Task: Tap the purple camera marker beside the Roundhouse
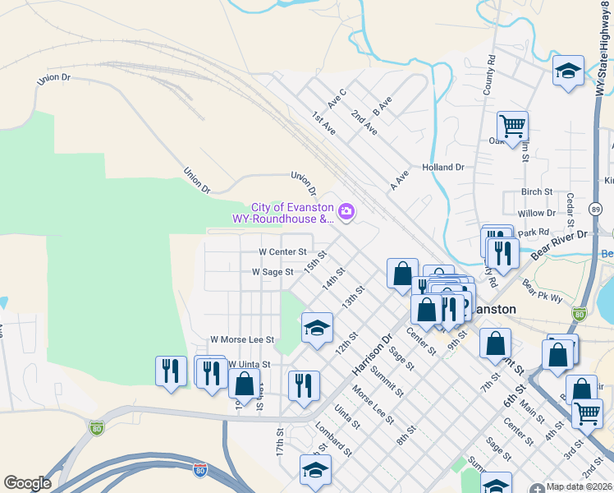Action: pyautogui.click(x=346, y=213)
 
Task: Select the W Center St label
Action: pyautogui.click(x=282, y=251)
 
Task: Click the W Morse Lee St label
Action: pyautogui.click(x=241, y=339)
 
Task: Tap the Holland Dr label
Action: pyautogui.click(x=443, y=167)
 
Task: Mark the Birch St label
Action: pyautogui.click(x=537, y=191)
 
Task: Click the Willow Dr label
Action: pyautogui.click(x=537, y=213)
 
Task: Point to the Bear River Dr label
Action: pyautogui.click(x=559, y=244)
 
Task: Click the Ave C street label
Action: pyautogui.click(x=337, y=99)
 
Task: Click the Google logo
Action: pyautogui.click(x=27, y=483)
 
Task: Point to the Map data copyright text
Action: pyautogui.click(x=580, y=486)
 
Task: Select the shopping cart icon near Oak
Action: pyautogui.click(x=512, y=127)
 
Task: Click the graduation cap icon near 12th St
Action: pyautogui.click(x=317, y=329)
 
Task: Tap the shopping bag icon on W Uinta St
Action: pyautogui.click(x=245, y=383)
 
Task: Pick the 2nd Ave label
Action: pyautogui.click(x=364, y=123)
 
